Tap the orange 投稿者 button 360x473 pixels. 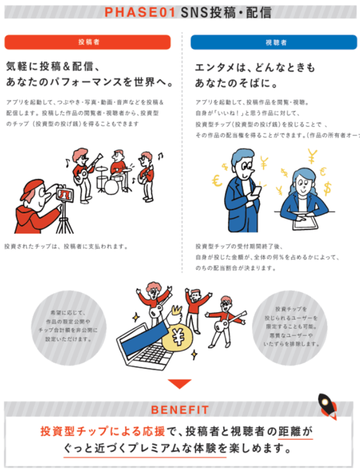(x=88, y=42)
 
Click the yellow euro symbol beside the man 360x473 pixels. (x=217, y=182)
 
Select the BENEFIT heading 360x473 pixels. (x=180, y=410)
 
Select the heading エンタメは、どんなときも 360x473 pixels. (x=255, y=68)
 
